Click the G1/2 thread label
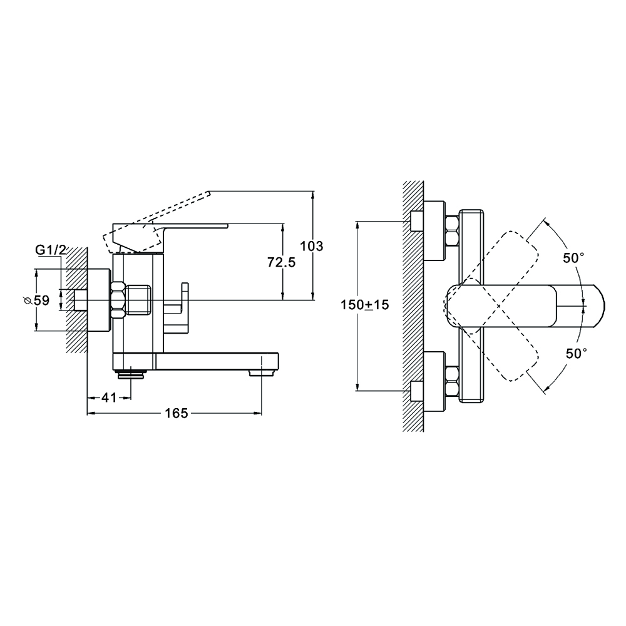(51, 250)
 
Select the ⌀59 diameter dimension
(37, 300)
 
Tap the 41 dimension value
(109, 398)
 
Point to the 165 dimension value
(177, 413)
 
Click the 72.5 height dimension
(282, 262)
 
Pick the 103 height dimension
(311, 246)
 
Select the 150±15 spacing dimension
(364, 305)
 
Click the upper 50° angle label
(573, 259)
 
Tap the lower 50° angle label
(576, 353)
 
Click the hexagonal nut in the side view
(118, 300)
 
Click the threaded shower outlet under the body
(131, 374)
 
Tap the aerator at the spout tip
(261, 372)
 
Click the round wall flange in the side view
(99, 300)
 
